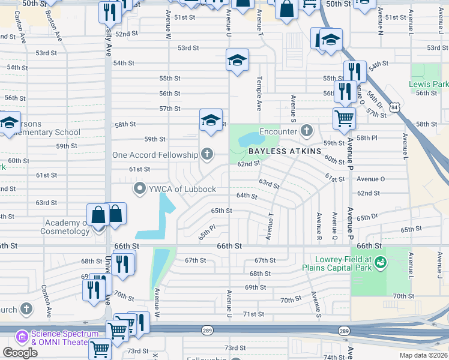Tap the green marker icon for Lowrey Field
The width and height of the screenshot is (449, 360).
point(382,262)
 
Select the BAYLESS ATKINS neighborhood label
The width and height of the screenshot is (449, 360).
point(285,151)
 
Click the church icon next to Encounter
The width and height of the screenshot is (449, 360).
point(307,131)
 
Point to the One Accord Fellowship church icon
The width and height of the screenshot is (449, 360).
point(207,155)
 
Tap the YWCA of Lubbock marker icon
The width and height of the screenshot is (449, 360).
point(140,190)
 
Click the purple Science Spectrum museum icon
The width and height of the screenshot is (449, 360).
point(22,337)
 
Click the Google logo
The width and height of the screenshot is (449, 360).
point(20,353)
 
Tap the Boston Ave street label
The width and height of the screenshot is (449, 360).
point(58,28)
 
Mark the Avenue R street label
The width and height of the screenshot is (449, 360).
point(318,226)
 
